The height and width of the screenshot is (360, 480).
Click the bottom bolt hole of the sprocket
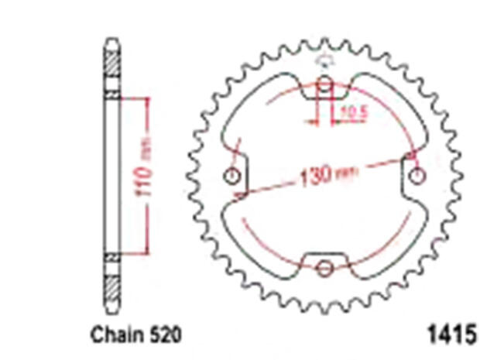pyautogui.click(x=324, y=269)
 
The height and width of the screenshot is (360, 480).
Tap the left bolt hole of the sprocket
pyautogui.click(x=231, y=177)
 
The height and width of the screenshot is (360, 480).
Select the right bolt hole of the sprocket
pyautogui.click(x=418, y=175)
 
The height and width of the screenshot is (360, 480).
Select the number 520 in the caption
pyautogui.click(x=165, y=335)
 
